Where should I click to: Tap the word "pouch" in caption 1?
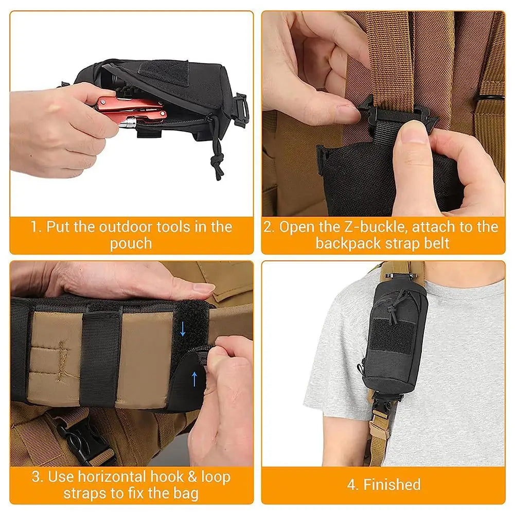point(131,243)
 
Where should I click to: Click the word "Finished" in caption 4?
point(392,484)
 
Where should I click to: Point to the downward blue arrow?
point(183,329)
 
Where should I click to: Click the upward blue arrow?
point(194,379)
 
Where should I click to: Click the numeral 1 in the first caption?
point(34,227)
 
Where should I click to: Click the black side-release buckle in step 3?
point(77,437)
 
